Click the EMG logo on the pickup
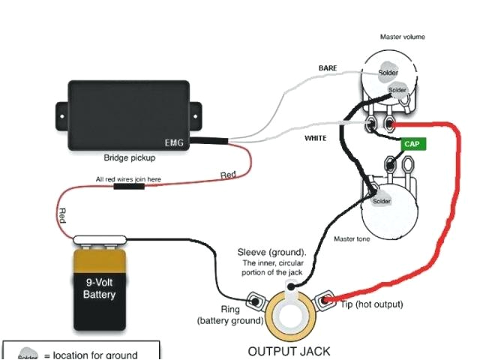[174, 141]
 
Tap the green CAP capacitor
[412, 143]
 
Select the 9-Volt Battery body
[100, 289]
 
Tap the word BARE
[328, 68]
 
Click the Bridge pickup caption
[129, 158]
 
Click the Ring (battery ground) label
[229, 313]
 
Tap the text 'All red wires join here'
[127, 179]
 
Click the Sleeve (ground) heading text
[271, 251]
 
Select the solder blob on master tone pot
[381, 201]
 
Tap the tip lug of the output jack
[325, 301]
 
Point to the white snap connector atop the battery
[100, 240]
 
